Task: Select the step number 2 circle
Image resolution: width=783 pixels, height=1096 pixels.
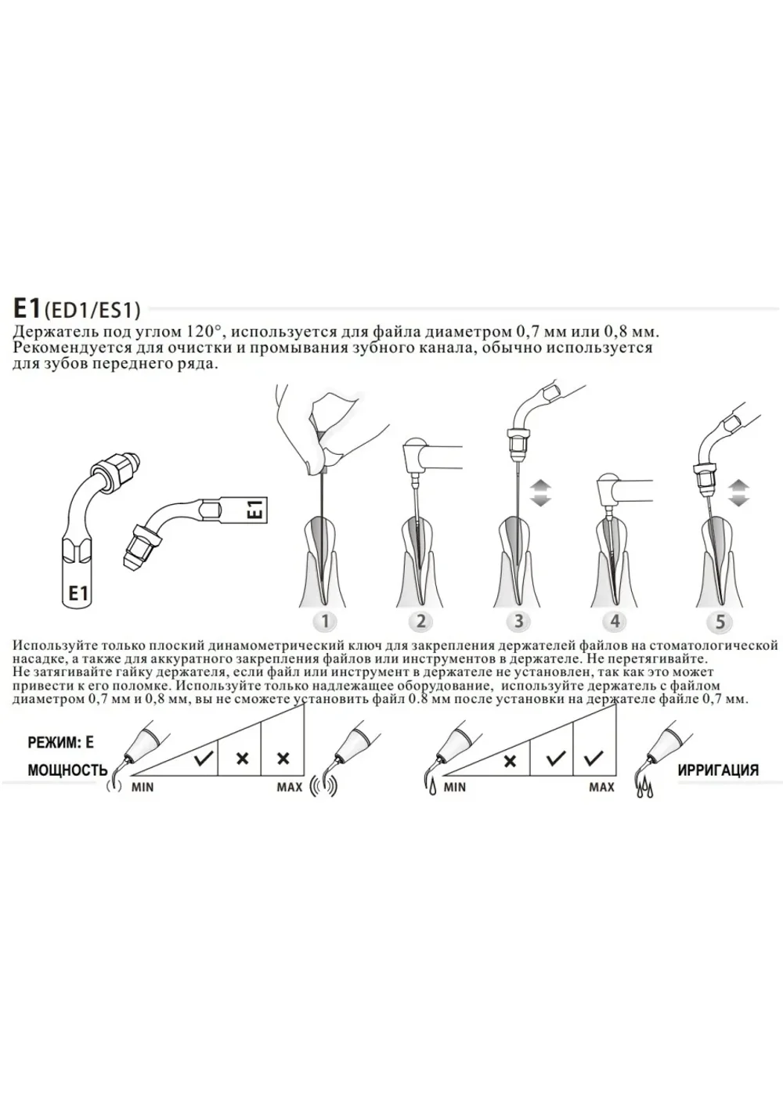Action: click(x=421, y=621)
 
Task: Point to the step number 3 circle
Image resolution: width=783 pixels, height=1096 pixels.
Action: click(x=518, y=621)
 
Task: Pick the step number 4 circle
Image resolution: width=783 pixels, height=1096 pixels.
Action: click(x=615, y=621)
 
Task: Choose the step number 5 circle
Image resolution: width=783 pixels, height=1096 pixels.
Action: click(x=720, y=621)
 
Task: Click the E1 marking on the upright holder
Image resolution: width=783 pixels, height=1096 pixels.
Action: click(x=78, y=593)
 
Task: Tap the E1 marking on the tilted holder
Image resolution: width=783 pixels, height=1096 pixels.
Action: click(x=258, y=508)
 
